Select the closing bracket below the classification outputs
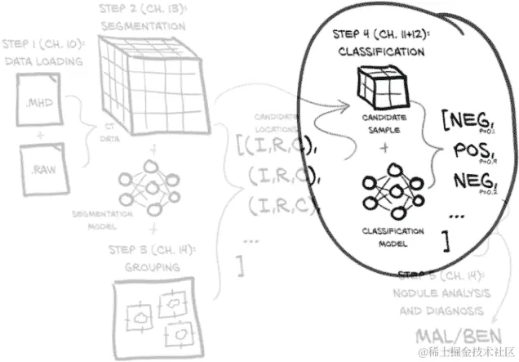coord(445,240)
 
